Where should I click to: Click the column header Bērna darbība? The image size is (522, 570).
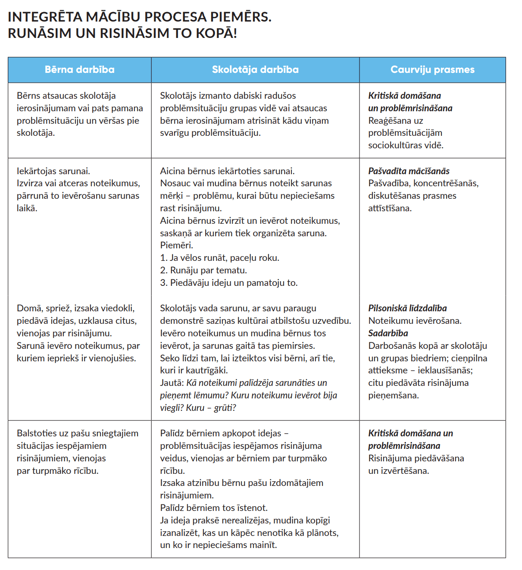[x=79, y=69]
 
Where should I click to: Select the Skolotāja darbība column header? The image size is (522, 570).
[x=255, y=69]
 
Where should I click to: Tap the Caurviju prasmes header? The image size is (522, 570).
[x=432, y=69]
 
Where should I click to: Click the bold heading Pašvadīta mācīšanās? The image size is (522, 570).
[x=409, y=171]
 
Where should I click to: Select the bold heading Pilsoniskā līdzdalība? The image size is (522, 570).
[x=407, y=308]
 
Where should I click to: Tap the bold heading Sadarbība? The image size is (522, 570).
[x=388, y=333]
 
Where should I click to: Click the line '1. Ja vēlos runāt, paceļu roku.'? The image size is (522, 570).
[x=219, y=258]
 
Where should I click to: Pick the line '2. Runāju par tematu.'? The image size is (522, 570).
[x=203, y=270]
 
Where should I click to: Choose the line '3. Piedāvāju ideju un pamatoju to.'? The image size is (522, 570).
[x=229, y=283]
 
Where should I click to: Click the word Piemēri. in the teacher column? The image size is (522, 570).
[x=177, y=245]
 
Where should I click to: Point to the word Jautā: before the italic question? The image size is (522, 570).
[x=172, y=383]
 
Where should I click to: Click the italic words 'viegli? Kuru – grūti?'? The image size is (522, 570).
[x=198, y=408]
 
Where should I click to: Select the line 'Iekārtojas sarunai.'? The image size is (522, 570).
[x=53, y=171]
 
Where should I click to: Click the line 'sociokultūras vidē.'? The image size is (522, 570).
[x=406, y=145]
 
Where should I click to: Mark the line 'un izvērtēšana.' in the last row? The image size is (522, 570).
[x=398, y=471]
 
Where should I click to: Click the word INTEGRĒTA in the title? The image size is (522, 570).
[x=45, y=17]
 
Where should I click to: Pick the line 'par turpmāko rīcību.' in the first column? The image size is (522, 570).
[x=58, y=471]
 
